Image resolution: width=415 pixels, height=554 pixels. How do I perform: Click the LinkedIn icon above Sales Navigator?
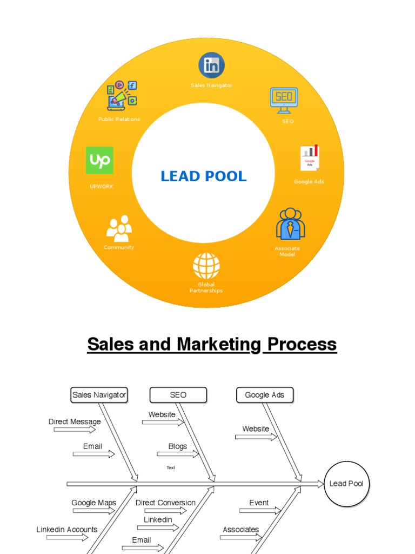point(211,65)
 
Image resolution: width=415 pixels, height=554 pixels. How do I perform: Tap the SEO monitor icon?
point(284,101)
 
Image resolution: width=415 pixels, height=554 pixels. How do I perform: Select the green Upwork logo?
point(99,160)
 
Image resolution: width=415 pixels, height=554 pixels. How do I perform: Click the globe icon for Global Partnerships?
point(206,266)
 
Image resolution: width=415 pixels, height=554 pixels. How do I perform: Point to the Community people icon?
point(119,228)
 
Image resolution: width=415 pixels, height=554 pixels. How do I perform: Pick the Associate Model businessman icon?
point(290,223)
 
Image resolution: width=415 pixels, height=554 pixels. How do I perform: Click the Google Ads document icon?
point(310,157)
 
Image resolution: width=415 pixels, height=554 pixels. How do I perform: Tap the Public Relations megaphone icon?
point(122,95)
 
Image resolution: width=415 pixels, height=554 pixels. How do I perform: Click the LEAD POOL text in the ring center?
point(204,176)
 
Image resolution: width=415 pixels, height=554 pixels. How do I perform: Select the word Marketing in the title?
point(219,344)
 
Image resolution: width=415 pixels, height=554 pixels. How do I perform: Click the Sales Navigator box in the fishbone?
point(99,395)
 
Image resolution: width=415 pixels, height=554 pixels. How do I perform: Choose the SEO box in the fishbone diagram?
point(178,395)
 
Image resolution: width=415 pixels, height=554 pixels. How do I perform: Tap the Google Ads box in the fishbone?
point(265,395)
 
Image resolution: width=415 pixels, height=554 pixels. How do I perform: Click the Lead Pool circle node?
point(346,484)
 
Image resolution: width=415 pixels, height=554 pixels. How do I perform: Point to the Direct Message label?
point(75,421)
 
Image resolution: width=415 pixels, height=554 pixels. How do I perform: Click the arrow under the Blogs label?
point(178,454)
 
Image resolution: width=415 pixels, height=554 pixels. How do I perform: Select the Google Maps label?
point(94,503)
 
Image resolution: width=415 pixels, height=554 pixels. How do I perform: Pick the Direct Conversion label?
point(165,503)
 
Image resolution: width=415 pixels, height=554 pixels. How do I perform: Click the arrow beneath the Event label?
point(260,511)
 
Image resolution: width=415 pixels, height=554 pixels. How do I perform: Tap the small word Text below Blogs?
point(171,467)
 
